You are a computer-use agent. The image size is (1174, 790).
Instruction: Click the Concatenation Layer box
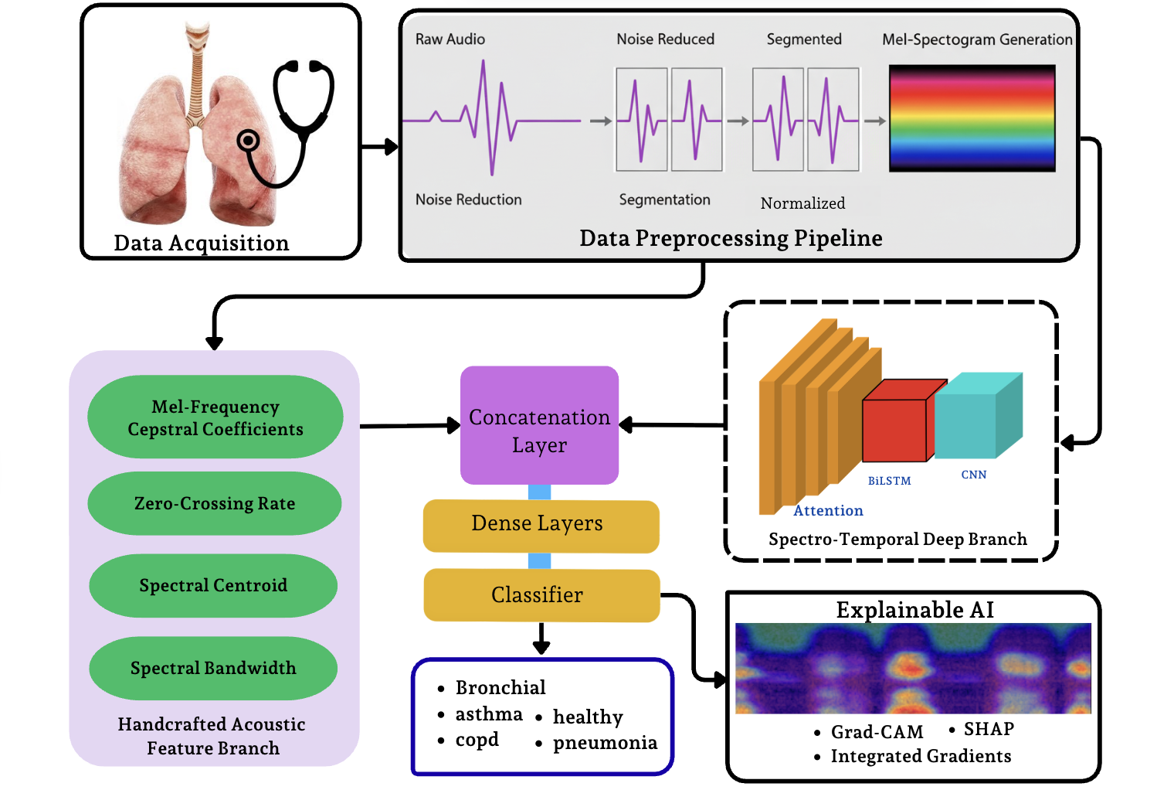coord(539,425)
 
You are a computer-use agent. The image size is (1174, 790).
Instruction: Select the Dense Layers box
coord(541,526)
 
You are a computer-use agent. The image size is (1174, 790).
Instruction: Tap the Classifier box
coord(541,594)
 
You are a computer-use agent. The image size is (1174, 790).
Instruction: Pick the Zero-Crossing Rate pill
coord(215,503)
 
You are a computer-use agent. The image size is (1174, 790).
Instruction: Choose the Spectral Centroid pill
coord(213,585)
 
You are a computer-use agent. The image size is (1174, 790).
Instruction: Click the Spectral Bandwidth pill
coord(213,668)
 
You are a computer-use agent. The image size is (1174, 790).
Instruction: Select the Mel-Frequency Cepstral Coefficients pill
coord(215,417)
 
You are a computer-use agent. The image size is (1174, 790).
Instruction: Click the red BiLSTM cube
coord(894,430)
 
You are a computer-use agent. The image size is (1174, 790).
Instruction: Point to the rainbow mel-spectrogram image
coord(972,118)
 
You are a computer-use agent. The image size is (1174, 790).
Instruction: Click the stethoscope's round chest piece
coord(248,141)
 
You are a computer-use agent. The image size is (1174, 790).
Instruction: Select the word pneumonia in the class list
coord(605,743)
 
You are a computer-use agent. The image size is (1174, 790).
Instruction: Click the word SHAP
coord(989,729)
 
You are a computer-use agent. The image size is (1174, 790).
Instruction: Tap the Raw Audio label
coord(450,39)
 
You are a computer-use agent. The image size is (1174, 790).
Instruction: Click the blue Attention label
coord(828,511)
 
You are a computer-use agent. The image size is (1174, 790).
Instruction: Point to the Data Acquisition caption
coord(202,243)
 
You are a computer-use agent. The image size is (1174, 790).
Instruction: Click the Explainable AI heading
coord(914,610)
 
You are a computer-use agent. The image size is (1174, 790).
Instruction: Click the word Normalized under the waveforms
coord(802,203)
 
